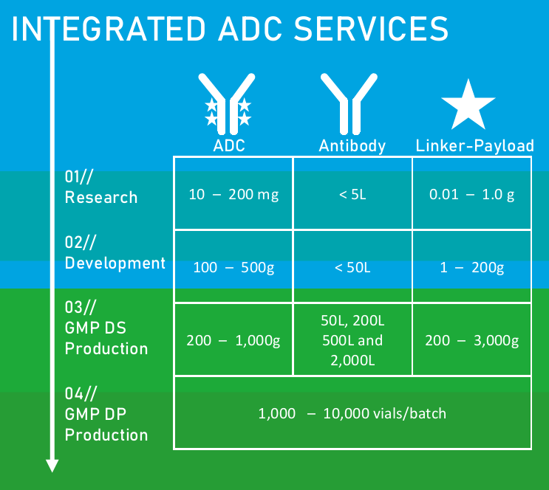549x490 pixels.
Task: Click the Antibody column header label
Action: point(352,145)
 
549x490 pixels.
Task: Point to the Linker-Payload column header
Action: point(474,145)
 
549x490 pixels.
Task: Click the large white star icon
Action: point(468,106)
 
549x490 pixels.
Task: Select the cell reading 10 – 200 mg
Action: point(233,194)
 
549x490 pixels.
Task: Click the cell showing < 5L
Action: point(352,194)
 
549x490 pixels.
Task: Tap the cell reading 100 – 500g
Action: point(233,267)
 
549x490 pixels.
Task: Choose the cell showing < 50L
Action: point(352,267)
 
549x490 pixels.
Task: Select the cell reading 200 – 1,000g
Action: point(233,340)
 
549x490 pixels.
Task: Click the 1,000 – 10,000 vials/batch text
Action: point(352,413)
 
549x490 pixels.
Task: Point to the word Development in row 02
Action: point(115,263)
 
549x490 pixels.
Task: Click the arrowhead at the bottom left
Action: point(52,465)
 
